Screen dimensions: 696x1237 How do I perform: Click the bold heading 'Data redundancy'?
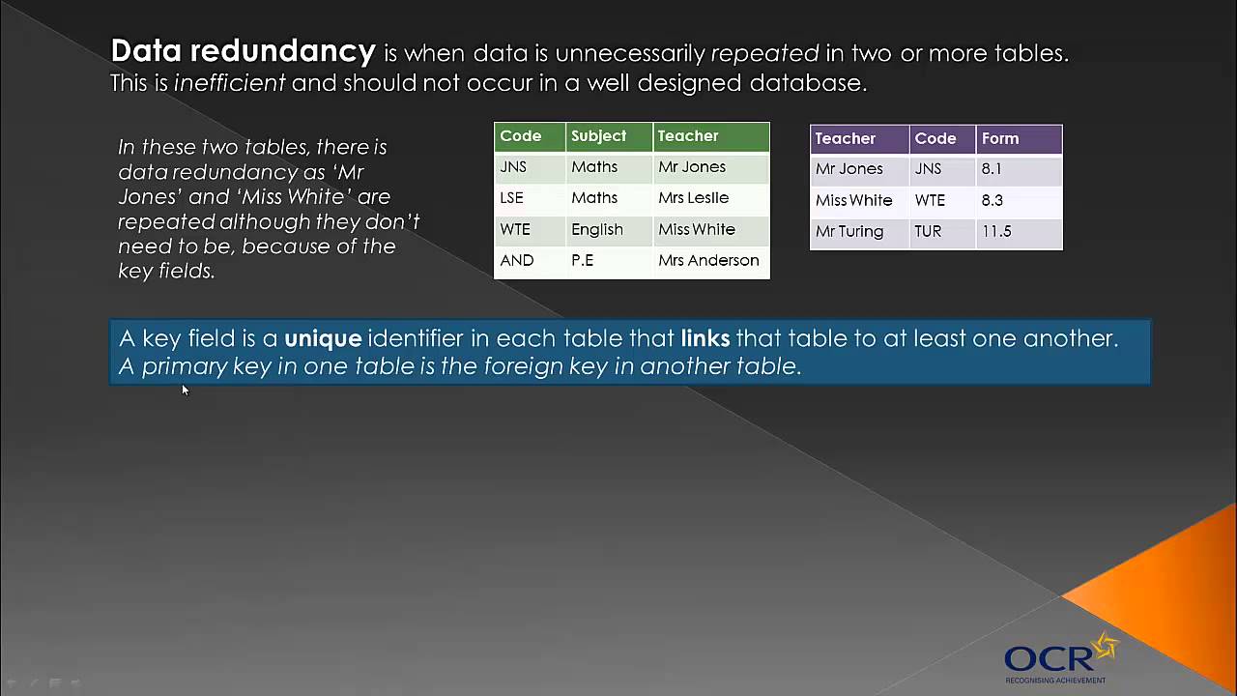[x=243, y=51]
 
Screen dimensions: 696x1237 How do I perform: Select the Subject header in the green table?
[x=598, y=136]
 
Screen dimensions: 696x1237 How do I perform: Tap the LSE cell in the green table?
[x=511, y=198]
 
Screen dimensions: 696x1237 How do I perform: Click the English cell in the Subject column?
[x=596, y=229]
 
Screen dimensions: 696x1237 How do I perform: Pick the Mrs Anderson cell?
[x=708, y=260]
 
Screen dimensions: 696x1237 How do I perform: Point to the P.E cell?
[x=582, y=260]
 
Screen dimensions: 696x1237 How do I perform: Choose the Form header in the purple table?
[x=1000, y=138]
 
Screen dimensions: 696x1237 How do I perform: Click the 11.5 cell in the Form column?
[x=996, y=231]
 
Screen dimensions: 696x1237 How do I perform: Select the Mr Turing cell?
[x=849, y=231]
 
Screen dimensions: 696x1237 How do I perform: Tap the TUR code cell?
[x=929, y=231]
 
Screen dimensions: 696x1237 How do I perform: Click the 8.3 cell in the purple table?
[x=992, y=200]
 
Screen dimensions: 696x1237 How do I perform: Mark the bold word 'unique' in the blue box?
[x=323, y=338]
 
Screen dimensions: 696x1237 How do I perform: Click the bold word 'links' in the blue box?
[x=705, y=338]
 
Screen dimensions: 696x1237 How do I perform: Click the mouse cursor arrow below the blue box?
[x=185, y=390]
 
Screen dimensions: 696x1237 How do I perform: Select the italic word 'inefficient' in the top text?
[x=229, y=83]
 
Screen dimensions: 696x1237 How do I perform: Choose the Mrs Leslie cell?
[x=693, y=198]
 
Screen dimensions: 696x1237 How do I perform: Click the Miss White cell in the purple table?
[x=853, y=200]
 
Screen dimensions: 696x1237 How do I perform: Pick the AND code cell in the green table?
[x=516, y=260]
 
